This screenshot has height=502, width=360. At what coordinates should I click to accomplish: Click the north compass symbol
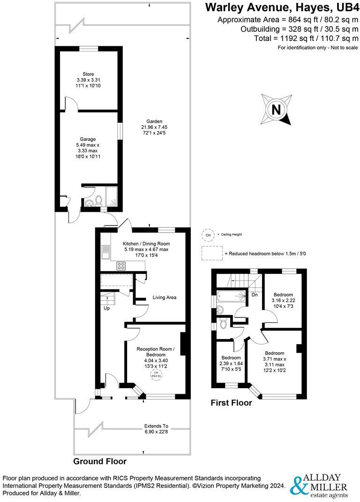click(276, 110)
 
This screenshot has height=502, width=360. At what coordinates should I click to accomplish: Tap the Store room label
click(88, 74)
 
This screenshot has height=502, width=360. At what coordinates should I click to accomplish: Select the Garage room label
click(88, 139)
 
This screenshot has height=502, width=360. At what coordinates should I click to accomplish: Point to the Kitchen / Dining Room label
click(146, 244)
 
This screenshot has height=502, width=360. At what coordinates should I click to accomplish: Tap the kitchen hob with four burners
click(121, 266)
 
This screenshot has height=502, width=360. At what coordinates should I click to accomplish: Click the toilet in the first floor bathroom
click(224, 324)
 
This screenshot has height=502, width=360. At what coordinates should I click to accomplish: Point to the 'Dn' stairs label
click(255, 295)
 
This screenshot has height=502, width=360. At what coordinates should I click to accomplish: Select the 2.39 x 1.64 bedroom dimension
click(231, 363)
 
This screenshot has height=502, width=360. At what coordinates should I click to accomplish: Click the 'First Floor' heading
click(231, 403)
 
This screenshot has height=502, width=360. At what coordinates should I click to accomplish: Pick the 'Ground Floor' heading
click(100, 461)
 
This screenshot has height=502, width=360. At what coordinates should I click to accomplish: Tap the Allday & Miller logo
click(320, 486)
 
